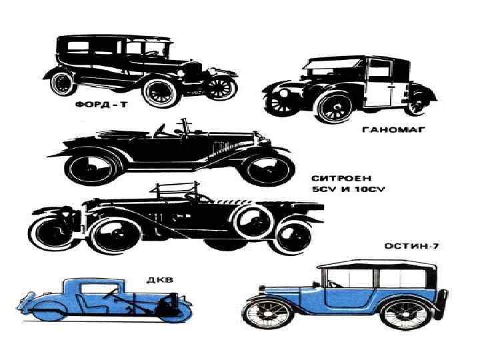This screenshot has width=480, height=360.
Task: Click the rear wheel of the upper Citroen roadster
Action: point(91,166)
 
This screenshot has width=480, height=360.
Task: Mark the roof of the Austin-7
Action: point(377,265)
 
